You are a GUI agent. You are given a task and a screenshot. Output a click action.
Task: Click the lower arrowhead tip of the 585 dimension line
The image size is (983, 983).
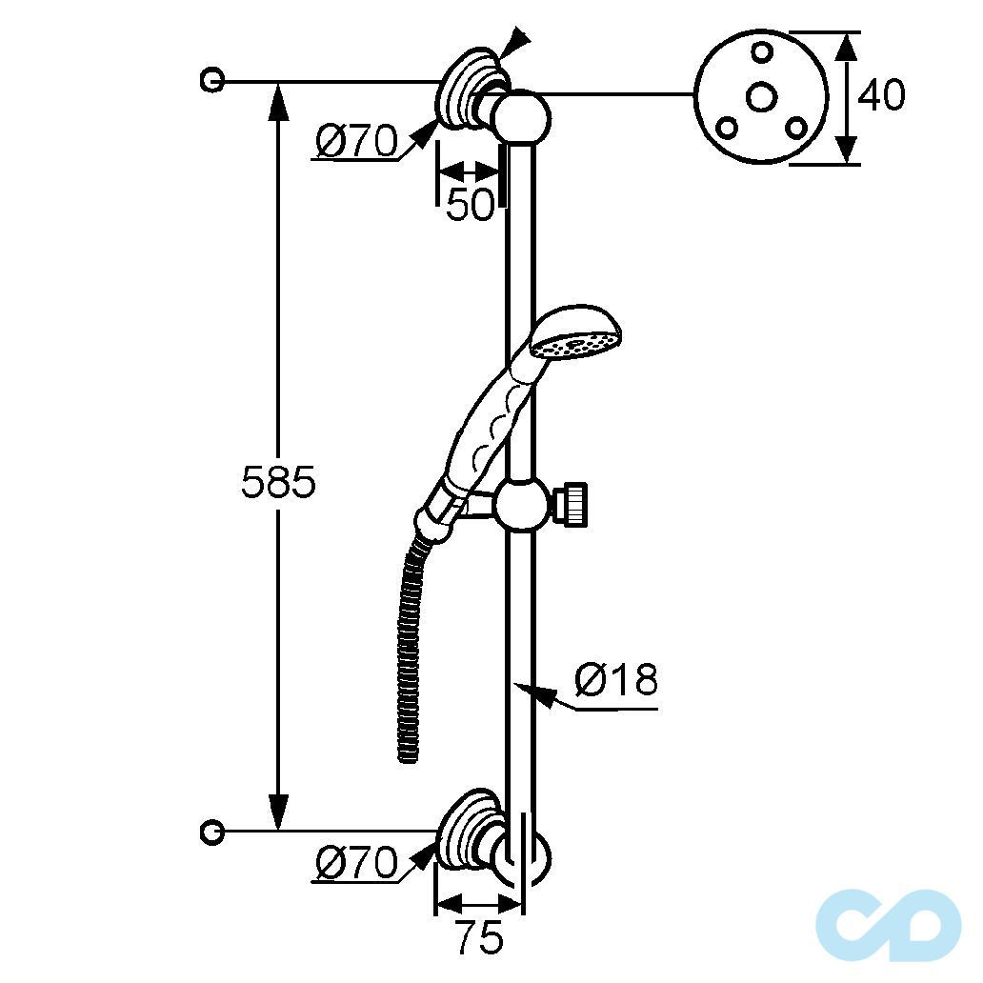point(278,831)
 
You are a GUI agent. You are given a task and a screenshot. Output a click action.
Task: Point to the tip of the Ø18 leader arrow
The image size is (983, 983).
point(513,685)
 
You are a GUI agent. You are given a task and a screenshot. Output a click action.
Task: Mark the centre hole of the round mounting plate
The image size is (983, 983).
point(761,98)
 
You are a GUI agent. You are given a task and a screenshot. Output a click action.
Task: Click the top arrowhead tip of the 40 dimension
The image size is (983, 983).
point(847,32)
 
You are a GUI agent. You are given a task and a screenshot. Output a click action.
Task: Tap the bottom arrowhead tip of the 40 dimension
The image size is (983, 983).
point(847,164)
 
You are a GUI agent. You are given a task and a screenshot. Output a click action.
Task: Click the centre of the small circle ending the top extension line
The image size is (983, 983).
point(211,81)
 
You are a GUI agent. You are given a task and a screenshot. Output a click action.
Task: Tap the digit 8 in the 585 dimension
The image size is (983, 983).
point(278,482)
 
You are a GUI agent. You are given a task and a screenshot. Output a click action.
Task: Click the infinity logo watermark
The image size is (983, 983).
point(889,925)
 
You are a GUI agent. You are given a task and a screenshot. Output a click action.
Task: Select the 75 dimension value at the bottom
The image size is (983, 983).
point(479,937)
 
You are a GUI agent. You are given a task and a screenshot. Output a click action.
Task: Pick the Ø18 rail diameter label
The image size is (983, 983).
point(616,679)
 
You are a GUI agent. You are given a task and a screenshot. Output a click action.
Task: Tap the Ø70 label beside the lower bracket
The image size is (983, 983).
point(356,862)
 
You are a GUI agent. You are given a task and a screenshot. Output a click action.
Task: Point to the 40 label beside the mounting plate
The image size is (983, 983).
point(881,95)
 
